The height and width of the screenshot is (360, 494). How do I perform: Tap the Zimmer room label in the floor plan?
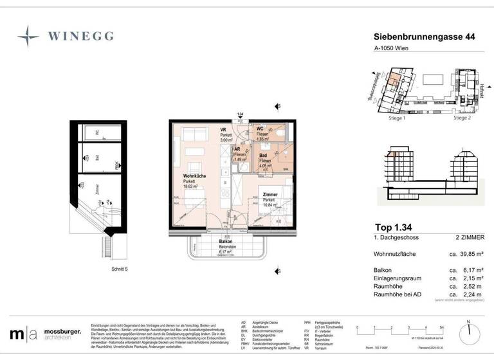(270, 194)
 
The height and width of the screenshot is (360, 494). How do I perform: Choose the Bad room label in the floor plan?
(263, 156)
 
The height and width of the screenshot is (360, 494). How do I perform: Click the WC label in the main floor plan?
(260, 129)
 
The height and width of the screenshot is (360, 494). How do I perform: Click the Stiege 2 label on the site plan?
(462, 118)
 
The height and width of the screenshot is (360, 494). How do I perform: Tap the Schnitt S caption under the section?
(104, 270)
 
